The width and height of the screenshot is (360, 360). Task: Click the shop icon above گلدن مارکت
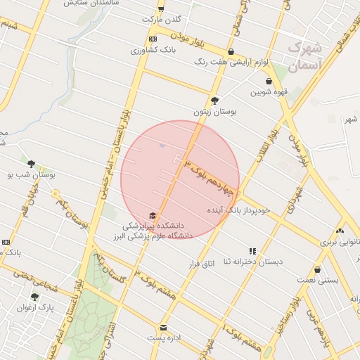point(161,9)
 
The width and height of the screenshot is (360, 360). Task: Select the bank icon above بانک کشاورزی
point(153,39)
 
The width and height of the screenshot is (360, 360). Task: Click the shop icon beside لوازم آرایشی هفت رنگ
point(250,51)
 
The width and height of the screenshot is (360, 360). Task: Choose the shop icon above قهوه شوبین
point(269,82)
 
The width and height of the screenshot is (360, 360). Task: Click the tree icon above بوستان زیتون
point(214,100)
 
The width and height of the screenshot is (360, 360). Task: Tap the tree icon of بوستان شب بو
point(31,163)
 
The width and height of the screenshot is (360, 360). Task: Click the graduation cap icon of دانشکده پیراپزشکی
point(153,215)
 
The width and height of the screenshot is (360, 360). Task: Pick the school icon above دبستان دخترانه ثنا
point(252,251)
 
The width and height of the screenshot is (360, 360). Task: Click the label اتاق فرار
point(202,263)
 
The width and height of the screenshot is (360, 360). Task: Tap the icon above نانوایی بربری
point(340,231)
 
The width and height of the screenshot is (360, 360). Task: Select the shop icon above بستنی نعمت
point(318,269)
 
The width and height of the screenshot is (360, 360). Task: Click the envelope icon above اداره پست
point(164,328)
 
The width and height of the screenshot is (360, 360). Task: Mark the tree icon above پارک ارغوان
point(34,297)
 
